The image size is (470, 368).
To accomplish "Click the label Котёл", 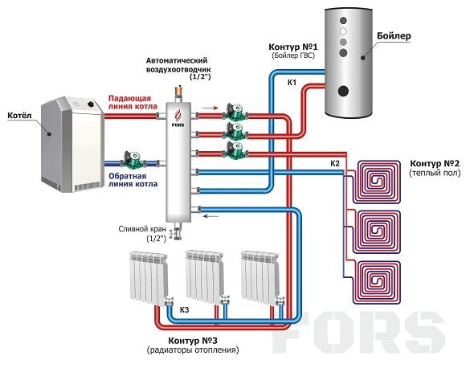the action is pyautogui.click(x=19, y=116).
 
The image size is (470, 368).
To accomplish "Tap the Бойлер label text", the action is pyautogui.click(x=394, y=36).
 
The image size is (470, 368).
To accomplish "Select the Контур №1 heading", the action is pyautogui.click(x=293, y=47).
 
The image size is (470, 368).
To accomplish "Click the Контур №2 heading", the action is pyautogui.click(x=435, y=164).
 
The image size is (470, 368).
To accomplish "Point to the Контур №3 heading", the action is pyautogui.click(x=193, y=341).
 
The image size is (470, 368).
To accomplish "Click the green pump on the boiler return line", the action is pyautogui.click(x=133, y=159).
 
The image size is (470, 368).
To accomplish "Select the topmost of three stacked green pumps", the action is pyautogui.click(x=235, y=112).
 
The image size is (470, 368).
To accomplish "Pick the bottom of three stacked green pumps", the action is pyautogui.click(x=235, y=150).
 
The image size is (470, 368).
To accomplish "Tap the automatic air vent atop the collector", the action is pyautogui.click(x=178, y=93).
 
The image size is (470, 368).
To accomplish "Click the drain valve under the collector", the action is pyautogui.click(x=176, y=232).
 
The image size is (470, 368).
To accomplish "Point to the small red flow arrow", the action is pyautogui.click(x=211, y=108).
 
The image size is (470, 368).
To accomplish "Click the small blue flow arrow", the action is pyautogui.click(x=211, y=215).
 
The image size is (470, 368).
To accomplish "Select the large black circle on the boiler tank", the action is pyautogui.click(x=343, y=91).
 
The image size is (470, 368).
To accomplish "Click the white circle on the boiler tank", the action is pyautogui.click(x=343, y=31).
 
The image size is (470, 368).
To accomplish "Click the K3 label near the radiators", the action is pyautogui.click(x=184, y=310).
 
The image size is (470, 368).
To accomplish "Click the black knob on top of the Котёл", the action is pyautogui.click(x=90, y=104).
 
